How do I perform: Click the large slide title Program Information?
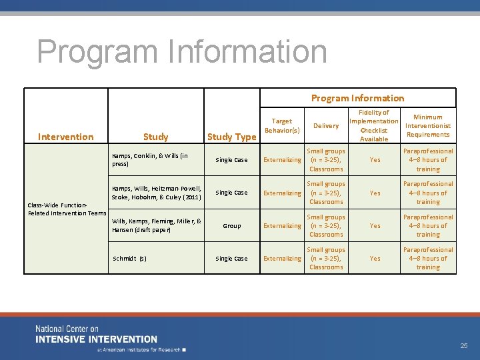(182, 52)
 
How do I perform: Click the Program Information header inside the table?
(357, 98)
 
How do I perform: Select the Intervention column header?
(65, 137)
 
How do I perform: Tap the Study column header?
(155, 137)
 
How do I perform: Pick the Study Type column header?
(231, 137)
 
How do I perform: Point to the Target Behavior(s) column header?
(282, 125)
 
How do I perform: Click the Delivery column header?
(326, 125)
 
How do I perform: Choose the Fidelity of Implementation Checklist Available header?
(373, 125)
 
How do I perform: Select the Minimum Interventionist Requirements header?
(427, 125)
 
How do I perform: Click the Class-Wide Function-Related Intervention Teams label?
(67, 209)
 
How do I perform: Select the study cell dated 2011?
(157, 193)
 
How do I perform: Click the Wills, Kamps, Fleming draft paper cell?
(157, 225)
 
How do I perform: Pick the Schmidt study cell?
(129, 259)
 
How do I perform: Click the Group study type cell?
(231, 226)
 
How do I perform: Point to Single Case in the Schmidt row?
(231, 259)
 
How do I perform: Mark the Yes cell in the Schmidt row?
(375, 259)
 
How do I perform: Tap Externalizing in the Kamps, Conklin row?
(282, 160)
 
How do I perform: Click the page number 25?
(464, 345)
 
